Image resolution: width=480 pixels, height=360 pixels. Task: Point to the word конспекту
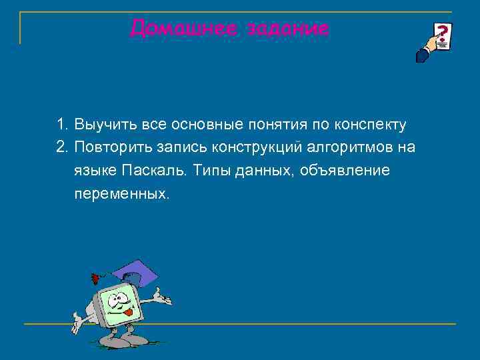tap(371, 125)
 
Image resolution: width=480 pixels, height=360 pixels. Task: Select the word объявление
tap(346, 171)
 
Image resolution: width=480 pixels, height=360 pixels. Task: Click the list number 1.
tap(61, 125)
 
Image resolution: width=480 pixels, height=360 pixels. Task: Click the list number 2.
tap(61, 147)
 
